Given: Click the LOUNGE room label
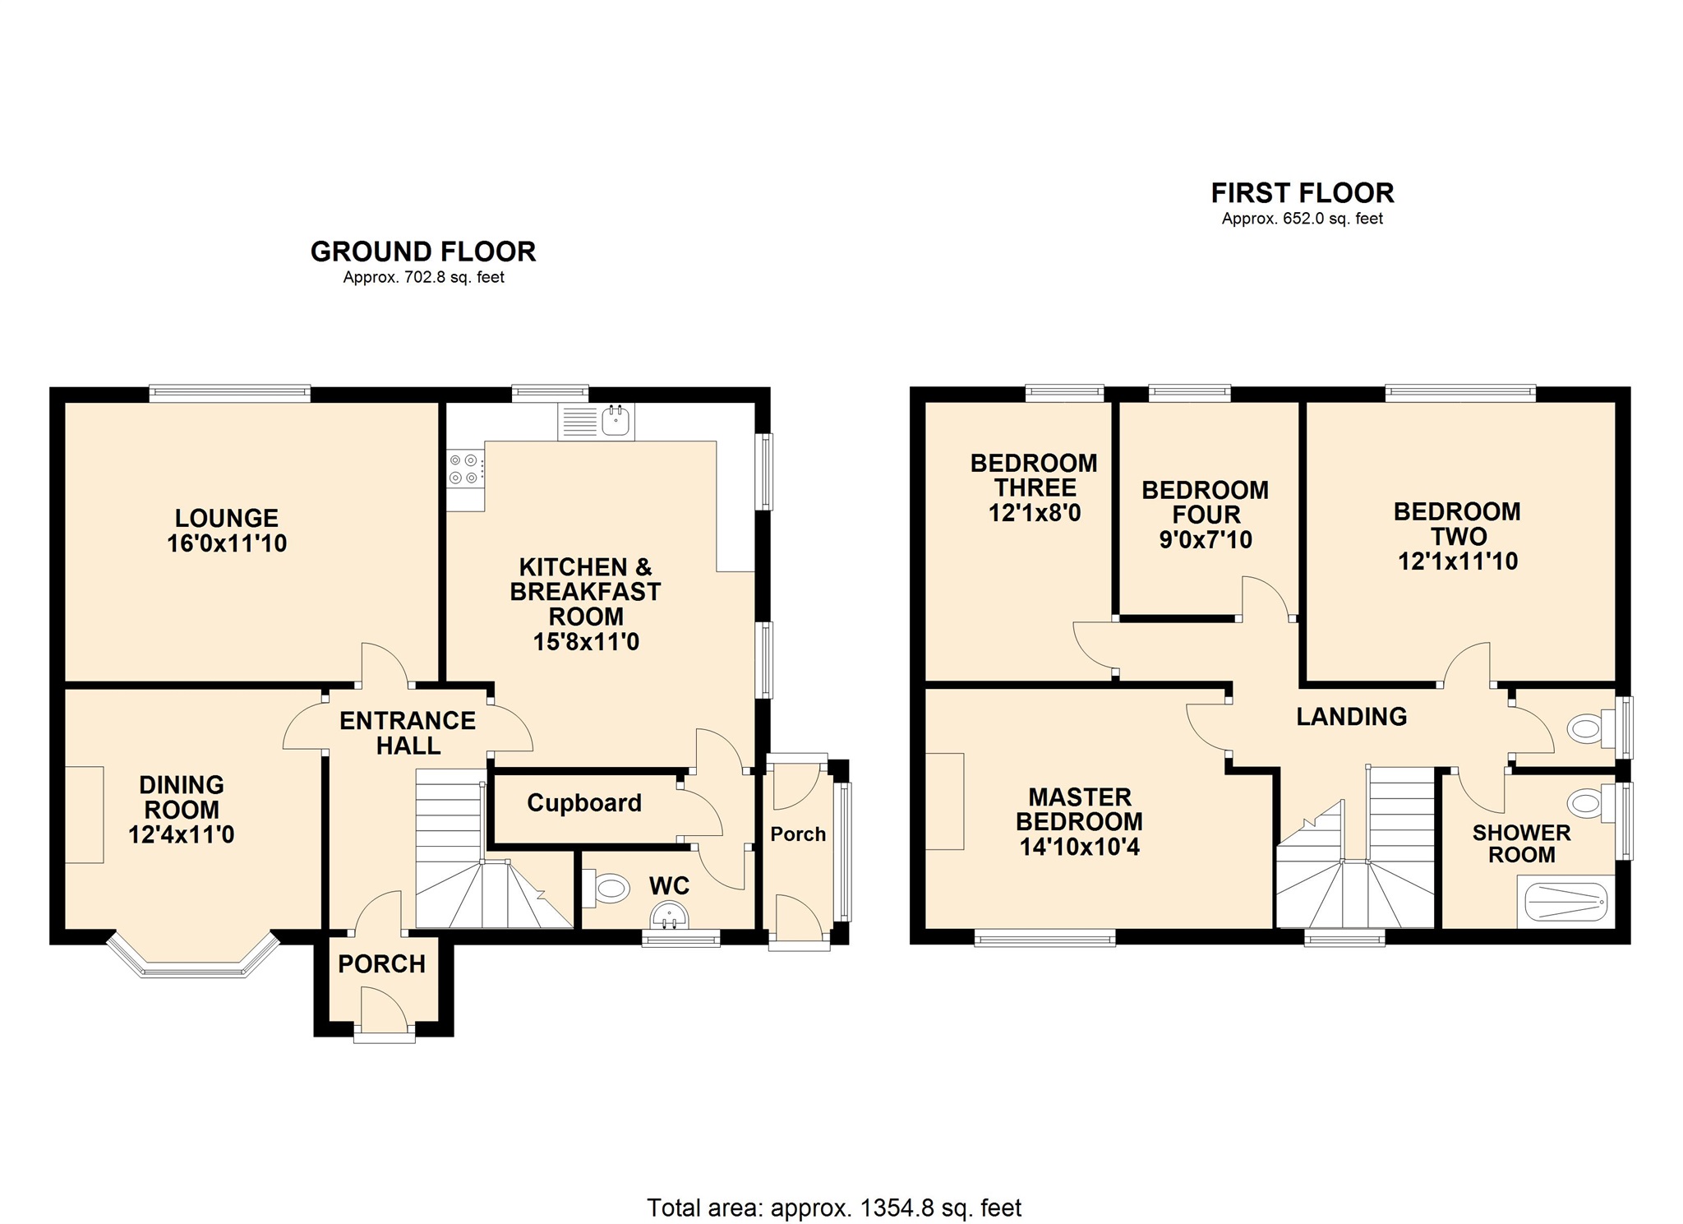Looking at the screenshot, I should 226,518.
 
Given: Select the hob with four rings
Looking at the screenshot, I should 463,469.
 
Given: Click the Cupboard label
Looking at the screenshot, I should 584,803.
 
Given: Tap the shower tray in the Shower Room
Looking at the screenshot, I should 1565,901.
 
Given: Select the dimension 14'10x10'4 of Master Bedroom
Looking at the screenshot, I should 1079,847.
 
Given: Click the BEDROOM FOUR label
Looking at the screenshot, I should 1205,502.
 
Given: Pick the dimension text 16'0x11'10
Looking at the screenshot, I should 227,543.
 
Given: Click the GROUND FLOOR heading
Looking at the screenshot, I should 422,252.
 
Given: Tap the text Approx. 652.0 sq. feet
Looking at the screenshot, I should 1302,219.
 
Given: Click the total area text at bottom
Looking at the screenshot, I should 833,1208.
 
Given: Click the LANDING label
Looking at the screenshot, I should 1351,717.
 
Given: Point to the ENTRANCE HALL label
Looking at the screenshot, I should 408,732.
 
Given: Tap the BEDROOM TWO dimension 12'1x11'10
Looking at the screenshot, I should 1457,561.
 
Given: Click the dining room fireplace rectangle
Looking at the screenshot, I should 84,814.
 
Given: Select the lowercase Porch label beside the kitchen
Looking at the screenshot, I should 797,834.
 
